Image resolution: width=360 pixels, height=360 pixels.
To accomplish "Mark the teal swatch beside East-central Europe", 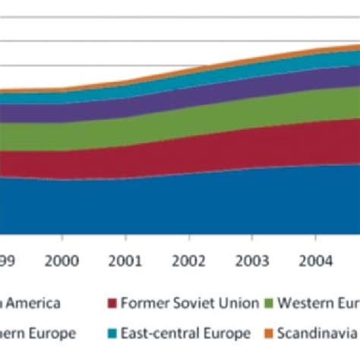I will pyautogui.click(x=112, y=333).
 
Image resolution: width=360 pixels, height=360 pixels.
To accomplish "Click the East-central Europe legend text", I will pyautogui.click(x=185, y=333).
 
